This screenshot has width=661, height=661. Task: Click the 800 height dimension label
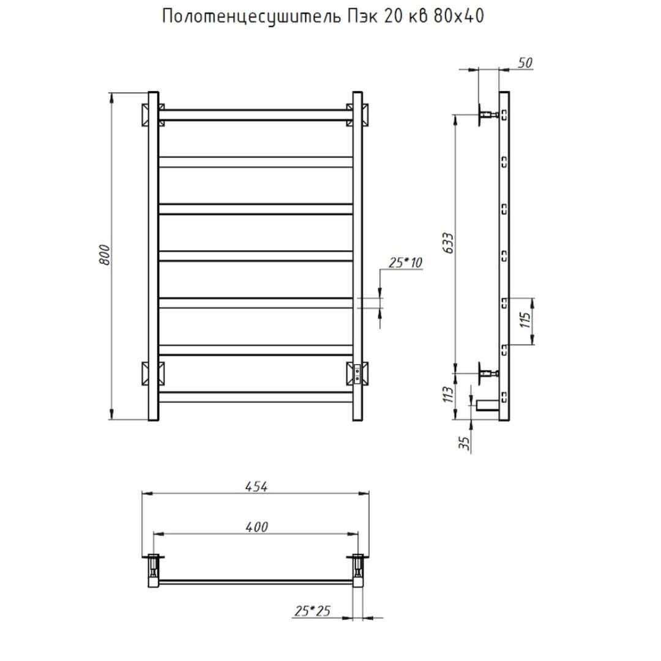pos(105,255)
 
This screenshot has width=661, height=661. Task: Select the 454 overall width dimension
pos(256,487)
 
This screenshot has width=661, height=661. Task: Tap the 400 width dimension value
pos(256,527)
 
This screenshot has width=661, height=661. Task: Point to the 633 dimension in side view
pos(449,243)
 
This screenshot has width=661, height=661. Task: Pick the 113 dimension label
pos(449,394)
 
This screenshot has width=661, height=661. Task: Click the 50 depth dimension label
pos(525,63)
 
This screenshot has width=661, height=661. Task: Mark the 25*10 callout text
pos(405,263)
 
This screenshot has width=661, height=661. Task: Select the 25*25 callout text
pos(312,611)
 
